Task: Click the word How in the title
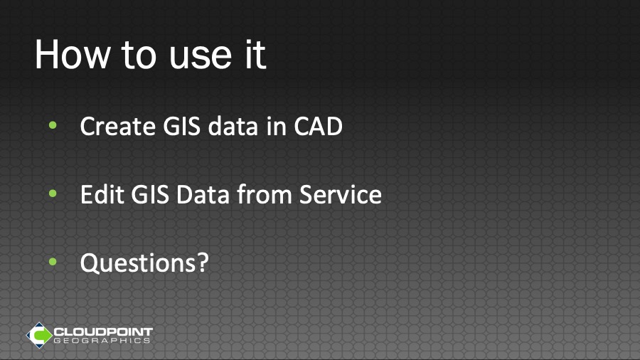tap(73, 55)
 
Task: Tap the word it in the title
tap(255, 55)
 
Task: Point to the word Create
tap(117, 126)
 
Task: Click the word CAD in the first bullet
tap(318, 126)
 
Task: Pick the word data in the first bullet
tap(233, 126)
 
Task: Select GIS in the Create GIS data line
tap(181, 126)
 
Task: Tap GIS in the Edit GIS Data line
tap(150, 194)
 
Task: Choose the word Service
tap(341, 194)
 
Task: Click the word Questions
tap(139, 263)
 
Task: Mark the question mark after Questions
tap(203, 263)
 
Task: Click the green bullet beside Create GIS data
tap(53, 125)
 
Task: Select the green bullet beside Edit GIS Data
tap(53, 194)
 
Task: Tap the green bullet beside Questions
tap(53, 262)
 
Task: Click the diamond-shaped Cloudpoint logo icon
tap(39, 335)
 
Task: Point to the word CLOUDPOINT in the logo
tap(103, 332)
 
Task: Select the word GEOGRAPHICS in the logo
tap(102, 341)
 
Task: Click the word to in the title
tap(139, 56)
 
